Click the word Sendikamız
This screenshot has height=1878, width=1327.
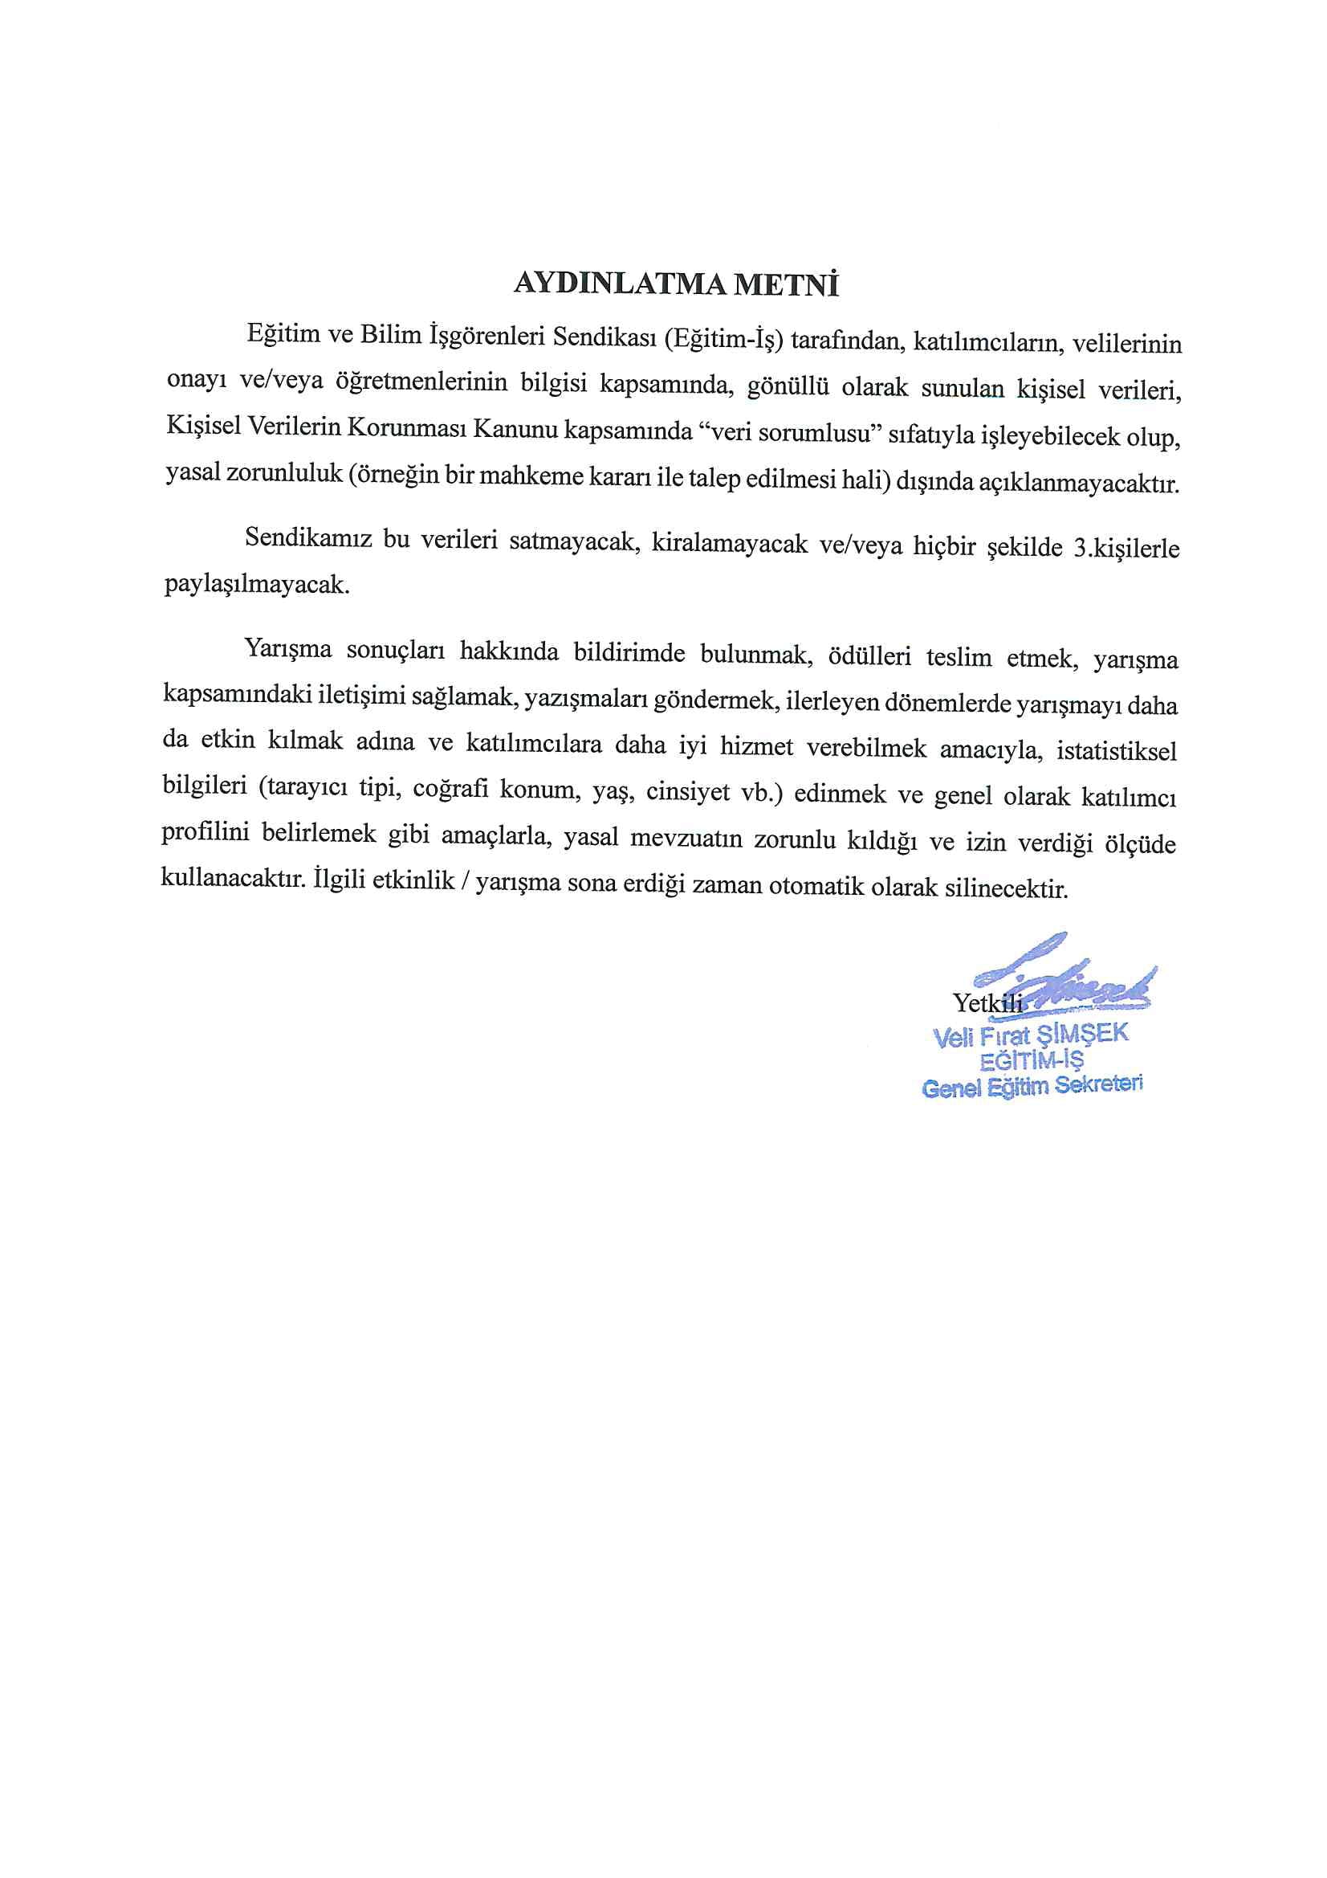(x=308, y=538)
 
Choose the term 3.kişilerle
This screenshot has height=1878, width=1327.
(x=1126, y=548)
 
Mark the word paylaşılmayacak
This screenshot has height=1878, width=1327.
(x=257, y=586)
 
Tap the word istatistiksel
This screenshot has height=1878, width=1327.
(x=1116, y=751)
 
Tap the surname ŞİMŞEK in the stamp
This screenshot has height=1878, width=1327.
(x=1081, y=1034)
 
